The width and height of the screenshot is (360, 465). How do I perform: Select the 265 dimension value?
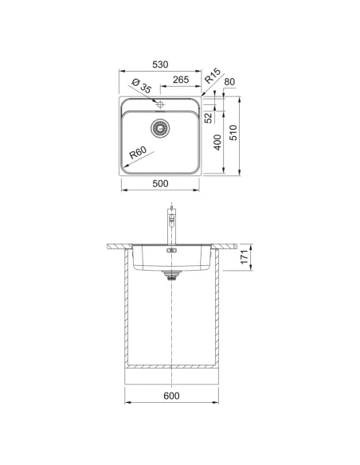pos(180,80)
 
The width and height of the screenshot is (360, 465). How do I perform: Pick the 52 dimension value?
pos(209,118)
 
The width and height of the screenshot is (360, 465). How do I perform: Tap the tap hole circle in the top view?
pos(161,105)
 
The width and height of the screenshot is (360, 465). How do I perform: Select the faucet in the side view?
pos(170,227)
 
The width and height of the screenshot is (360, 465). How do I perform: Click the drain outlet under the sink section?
pos(170,275)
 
